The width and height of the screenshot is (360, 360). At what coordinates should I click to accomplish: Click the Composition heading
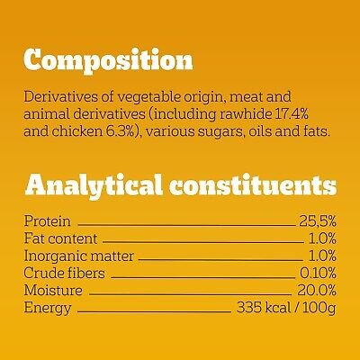click(x=108, y=61)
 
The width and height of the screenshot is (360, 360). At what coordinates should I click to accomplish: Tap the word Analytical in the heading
click(x=94, y=185)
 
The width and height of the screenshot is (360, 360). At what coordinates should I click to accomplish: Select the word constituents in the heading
click(x=253, y=184)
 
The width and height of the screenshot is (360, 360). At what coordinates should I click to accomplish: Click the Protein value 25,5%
click(x=318, y=221)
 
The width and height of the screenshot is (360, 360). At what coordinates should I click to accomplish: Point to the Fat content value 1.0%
click(x=322, y=238)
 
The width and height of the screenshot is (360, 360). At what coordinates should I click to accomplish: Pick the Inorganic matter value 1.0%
click(x=322, y=256)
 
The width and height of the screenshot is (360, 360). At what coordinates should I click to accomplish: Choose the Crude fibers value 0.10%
click(x=318, y=273)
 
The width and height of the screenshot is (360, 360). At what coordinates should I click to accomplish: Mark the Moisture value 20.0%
click(x=317, y=291)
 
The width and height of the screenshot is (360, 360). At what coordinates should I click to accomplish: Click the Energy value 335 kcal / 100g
click(x=286, y=308)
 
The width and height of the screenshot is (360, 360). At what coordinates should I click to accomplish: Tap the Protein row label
click(x=48, y=221)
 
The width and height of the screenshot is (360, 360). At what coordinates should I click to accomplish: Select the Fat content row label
click(x=60, y=238)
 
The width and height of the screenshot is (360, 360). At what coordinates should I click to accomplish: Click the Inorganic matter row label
click(x=79, y=256)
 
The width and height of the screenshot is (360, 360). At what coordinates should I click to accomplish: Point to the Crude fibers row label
click(x=65, y=273)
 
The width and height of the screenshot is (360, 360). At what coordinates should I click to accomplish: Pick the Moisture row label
click(x=53, y=291)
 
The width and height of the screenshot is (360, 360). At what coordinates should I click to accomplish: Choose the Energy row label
click(x=48, y=309)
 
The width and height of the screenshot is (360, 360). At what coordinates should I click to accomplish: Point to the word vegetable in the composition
click(x=147, y=98)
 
